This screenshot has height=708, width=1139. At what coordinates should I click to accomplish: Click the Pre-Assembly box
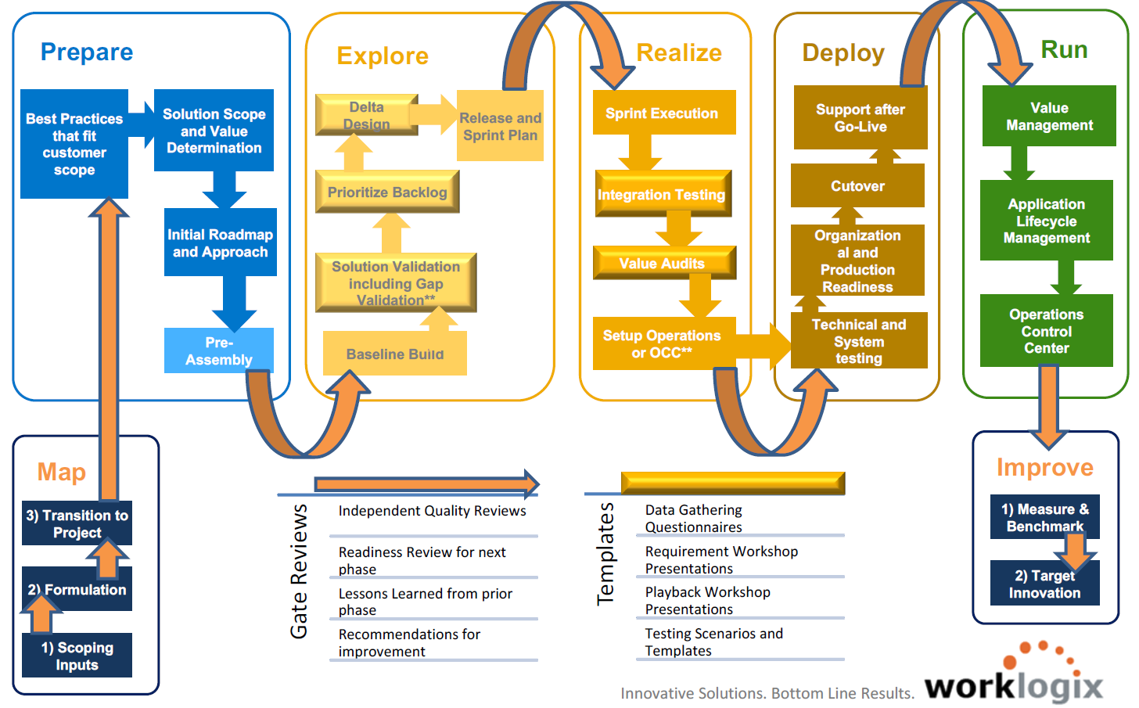tap(219, 350)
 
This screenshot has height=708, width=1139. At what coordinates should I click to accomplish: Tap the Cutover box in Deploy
tap(857, 186)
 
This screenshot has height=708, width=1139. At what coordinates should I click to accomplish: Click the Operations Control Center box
tap(1046, 331)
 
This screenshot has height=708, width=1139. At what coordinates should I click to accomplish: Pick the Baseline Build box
tap(395, 354)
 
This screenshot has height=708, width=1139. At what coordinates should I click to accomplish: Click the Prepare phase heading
tap(87, 52)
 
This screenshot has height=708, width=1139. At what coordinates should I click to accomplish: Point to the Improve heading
tap(1044, 467)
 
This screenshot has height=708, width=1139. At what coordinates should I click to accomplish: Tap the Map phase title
tap(62, 472)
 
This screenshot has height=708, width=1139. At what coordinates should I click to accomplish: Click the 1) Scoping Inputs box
tap(77, 656)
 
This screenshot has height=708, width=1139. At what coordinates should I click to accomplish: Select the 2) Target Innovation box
tap(1044, 584)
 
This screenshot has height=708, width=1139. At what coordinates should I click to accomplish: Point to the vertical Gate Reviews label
tap(299, 571)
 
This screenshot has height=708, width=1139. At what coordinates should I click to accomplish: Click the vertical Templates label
tap(605, 554)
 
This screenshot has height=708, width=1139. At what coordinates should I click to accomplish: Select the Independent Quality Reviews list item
tap(432, 511)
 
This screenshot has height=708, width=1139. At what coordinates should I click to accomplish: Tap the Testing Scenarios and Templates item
tap(713, 642)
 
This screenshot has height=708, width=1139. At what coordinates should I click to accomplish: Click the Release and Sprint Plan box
tap(500, 126)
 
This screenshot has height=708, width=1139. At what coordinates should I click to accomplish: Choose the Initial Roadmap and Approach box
tap(220, 243)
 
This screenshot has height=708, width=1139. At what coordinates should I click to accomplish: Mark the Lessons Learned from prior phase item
tap(425, 601)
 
